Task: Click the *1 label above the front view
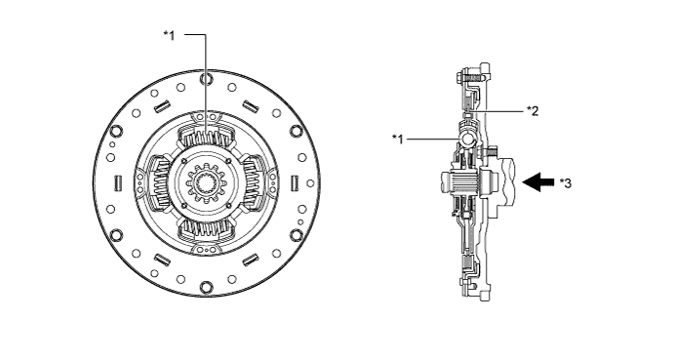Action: (170, 35)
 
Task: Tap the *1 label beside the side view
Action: (398, 139)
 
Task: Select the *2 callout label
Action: (533, 111)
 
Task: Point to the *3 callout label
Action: (566, 182)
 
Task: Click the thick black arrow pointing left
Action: (538, 181)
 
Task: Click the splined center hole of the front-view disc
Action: (207, 182)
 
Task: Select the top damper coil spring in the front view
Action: (207, 139)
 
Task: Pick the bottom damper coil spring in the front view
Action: (207, 227)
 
